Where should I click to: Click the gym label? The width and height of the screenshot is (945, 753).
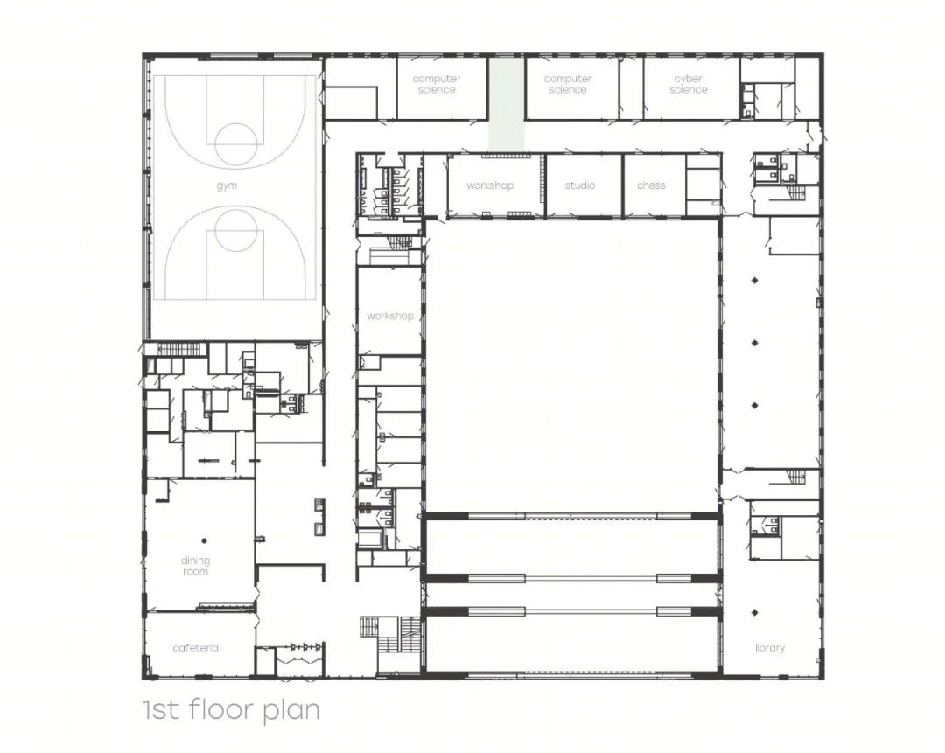(x=227, y=186)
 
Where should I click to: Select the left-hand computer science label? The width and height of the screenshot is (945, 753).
(x=437, y=84)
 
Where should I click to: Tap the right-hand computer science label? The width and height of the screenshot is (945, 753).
(x=568, y=84)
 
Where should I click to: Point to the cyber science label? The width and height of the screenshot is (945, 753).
(x=689, y=84)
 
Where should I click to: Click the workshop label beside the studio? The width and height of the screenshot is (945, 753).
(x=490, y=185)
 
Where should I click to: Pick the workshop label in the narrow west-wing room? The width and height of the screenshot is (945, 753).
(x=390, y=316)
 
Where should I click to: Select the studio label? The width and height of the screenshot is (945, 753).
(x=580, y=185)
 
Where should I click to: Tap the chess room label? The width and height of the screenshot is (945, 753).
(x=651, y=185)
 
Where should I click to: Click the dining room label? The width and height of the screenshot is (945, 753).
(x=195, y=566)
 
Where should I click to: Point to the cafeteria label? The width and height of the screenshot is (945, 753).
(x=195, y=648)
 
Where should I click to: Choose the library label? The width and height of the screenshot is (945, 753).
(x=770, y=648)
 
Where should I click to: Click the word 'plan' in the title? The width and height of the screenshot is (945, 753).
(x=291, y=710)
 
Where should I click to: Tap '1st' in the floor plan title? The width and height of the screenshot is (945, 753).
(x=161, y=710)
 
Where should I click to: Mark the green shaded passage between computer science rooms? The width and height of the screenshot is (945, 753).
(x=506, y=103)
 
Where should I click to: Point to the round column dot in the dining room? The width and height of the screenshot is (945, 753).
(x=204, y=541)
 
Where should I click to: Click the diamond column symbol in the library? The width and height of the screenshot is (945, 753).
(x=754, y=613)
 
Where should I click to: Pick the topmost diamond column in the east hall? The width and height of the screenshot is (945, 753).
(x=754, y=280)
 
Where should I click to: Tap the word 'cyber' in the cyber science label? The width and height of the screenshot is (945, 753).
(x=689, y=79)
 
